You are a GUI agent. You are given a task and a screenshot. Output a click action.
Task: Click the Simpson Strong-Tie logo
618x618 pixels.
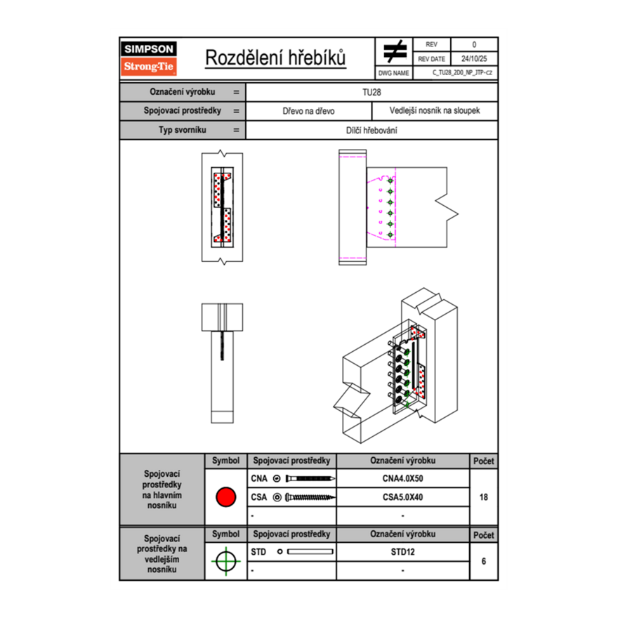click(149, 58)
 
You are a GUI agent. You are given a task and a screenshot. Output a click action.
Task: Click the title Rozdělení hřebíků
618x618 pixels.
click(275, 58)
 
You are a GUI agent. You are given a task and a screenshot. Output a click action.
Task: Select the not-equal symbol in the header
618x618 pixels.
click(395, 51)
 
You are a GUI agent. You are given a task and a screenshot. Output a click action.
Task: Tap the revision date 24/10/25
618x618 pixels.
click(474, 59)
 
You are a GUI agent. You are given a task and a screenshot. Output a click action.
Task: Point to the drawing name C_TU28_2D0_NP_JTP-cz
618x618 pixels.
click(462, 72)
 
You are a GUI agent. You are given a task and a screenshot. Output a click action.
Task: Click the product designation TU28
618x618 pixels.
click(372, 92)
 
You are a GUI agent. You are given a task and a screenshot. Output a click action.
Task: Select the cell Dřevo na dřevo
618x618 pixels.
click(308, 111)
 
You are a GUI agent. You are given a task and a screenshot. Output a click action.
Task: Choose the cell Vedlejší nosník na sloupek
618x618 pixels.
click(435, 111)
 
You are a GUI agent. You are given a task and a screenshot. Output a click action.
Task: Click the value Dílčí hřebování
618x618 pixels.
click(372, 131)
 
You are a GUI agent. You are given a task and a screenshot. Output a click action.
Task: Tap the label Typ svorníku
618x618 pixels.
click(183, 130)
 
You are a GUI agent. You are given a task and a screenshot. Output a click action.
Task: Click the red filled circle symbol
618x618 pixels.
click(226, 497)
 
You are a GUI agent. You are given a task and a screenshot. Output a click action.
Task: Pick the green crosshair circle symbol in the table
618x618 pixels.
click(226, 561)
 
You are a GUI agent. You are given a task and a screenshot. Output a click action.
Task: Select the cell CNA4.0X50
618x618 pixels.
click(403, 478)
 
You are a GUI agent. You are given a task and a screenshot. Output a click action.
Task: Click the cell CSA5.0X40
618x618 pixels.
click(403, 497)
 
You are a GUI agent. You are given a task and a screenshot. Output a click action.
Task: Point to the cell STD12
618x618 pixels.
click(403, 552)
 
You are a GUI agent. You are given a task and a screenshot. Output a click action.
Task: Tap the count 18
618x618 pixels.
click(484, 497)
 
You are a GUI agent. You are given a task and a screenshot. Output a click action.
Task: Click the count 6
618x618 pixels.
click(484, 561)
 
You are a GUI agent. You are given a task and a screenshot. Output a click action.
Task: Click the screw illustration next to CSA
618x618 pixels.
click(310, 497)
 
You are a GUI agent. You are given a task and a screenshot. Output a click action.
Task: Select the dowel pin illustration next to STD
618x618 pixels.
click(310, 552)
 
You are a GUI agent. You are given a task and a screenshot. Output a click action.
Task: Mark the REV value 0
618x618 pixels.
click(474, 44)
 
